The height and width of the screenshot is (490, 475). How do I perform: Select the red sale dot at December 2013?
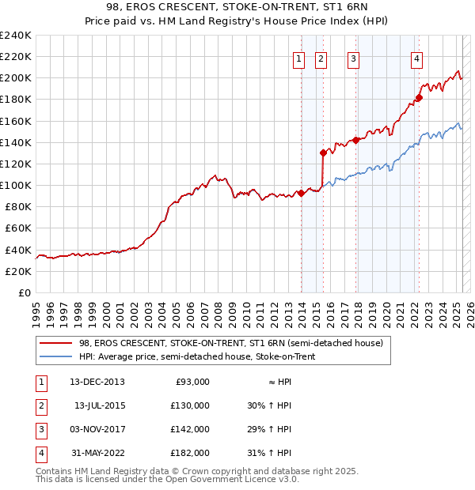coord(302,193)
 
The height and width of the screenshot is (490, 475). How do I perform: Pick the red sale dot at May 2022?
coord(420,98)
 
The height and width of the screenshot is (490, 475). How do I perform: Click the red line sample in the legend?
coord(55,343)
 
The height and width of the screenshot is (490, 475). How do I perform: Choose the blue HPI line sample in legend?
coord(55,356)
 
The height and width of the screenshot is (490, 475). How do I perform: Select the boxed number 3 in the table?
coord(39,429)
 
